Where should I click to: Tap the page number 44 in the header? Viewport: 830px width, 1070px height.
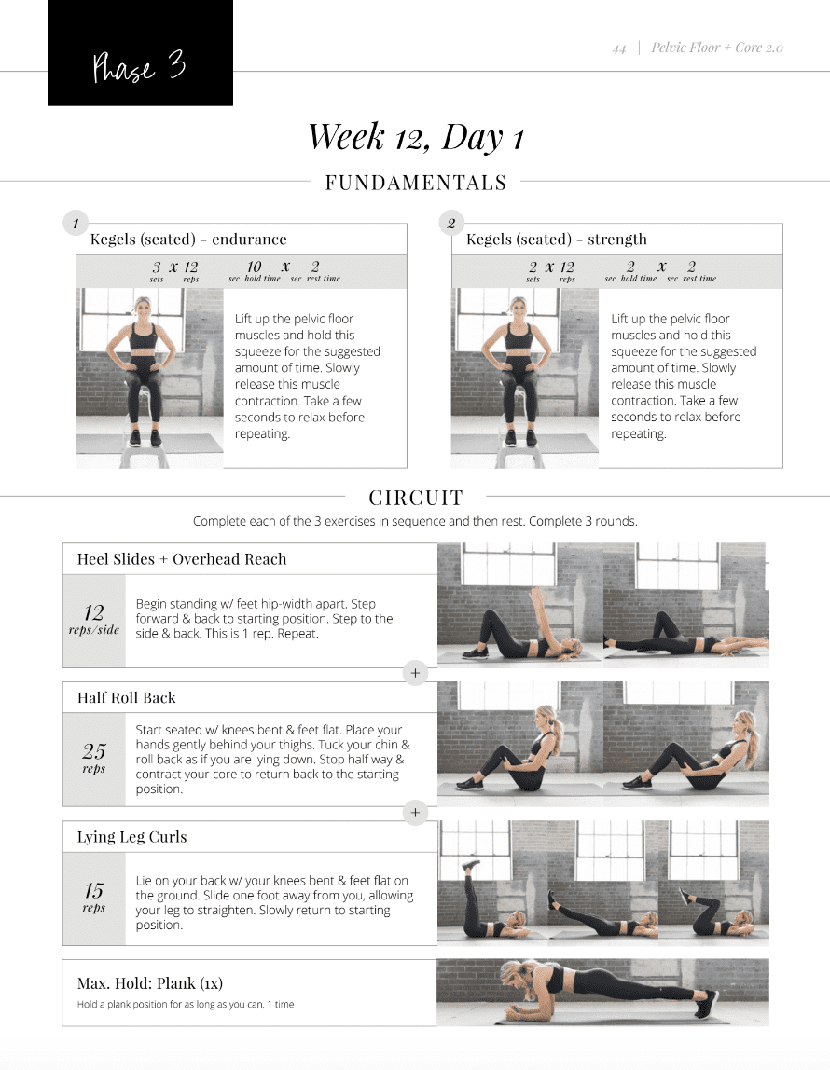coord(619,48)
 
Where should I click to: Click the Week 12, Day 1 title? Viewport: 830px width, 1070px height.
coord(415,137)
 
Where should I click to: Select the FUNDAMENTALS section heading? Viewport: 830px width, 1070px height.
coord(415,183)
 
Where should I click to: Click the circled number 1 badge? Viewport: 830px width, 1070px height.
coord(76,224)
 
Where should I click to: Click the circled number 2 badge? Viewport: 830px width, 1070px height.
coord(451,224)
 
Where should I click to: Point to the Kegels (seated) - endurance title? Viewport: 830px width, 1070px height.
coord(188,240)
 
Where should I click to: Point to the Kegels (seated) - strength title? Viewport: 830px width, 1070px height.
coord(556,240)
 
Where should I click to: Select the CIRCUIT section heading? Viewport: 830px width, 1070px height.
coord(415,498)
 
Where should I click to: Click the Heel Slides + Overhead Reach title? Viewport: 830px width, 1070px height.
coord(182,559)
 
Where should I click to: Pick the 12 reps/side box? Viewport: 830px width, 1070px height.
coord(94,620)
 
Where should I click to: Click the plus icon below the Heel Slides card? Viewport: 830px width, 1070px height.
coord(415,673)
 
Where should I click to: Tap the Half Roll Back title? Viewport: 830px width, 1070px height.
coord(126,697)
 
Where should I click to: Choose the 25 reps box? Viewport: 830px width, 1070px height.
coord(94,758)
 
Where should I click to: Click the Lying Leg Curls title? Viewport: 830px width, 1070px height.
coord(131,837)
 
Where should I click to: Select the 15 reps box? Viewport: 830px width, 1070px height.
coord(94,897)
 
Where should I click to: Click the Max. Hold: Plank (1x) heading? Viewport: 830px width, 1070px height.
coord(150,983)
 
